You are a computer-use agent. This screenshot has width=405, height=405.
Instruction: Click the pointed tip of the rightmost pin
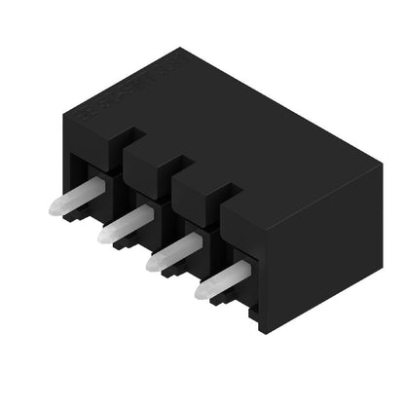tap(201, 290)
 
